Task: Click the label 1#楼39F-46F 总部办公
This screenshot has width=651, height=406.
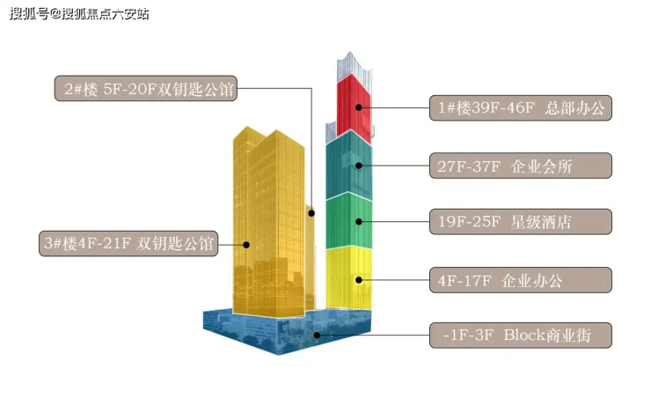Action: coord(520,108)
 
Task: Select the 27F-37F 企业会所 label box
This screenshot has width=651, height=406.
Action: coord(520,166)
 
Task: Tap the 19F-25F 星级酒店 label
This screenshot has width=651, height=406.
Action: coord(520,221)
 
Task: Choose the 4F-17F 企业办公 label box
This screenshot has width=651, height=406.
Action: coord(520,281)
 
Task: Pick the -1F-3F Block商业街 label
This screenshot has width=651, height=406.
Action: coord(520,336)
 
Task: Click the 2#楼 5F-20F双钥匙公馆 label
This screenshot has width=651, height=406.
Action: coord(146,89)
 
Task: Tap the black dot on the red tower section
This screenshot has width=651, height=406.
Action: coord(359,108)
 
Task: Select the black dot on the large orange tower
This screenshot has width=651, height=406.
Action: coord(248,245)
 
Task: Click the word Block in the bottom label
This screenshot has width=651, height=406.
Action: coord(529,336)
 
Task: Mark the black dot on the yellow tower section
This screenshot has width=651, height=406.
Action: coord(359,280)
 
